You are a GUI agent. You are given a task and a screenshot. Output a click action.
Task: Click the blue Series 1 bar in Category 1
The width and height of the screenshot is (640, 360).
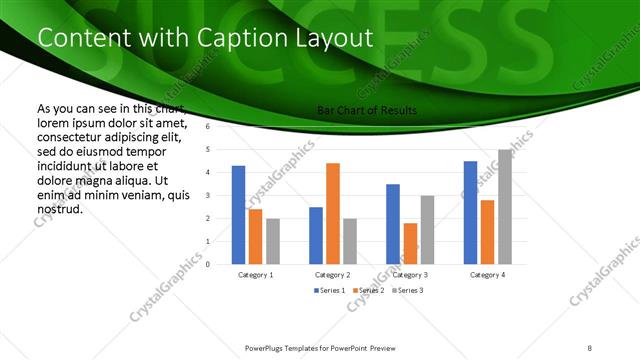tap(238, 215)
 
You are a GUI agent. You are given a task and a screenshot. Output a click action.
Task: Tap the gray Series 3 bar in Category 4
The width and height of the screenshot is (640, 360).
tap(504, 207)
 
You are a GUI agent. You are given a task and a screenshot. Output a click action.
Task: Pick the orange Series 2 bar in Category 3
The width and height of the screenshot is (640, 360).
tap(410, 243)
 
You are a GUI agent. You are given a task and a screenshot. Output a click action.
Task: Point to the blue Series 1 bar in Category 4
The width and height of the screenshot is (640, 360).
tap(470, 212)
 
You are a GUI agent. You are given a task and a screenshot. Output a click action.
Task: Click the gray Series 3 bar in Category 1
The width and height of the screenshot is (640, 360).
tap(273, 241)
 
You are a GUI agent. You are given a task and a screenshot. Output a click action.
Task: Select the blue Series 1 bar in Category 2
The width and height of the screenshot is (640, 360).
tap(316, 235)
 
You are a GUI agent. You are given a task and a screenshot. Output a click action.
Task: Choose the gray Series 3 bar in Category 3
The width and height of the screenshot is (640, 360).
tap(427, 230)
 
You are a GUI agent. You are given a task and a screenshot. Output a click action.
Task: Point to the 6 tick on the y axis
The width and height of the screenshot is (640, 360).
tap(208, 127)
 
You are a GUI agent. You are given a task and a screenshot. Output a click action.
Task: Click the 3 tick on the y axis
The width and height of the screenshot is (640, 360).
tap(208, 195)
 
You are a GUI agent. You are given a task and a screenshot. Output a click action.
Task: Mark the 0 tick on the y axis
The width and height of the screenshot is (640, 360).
tap(208, 264)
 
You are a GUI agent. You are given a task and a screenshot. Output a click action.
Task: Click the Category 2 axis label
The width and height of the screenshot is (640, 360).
tap(333, 274)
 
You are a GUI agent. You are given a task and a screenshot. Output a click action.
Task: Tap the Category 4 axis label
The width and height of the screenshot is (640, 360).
tap(487, 274)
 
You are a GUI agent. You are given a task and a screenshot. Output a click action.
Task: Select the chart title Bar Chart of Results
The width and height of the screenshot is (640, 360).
tap(367, 110)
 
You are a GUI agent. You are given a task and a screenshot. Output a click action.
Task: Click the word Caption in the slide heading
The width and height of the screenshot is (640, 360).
tap(233, 38)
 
